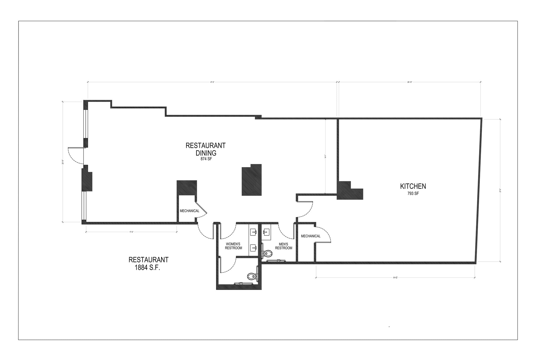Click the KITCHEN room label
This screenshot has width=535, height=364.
[x=413, y=186]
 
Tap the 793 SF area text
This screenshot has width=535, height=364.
[x=413, y=193]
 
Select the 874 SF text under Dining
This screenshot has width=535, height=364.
[x=206, y=159]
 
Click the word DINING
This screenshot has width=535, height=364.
[x=206, y=153]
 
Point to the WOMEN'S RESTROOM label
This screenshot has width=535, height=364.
[x=233, y=246]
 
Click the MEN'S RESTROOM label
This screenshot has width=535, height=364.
[x=283, y=246]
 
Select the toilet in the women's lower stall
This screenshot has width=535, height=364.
[x=251, y=276]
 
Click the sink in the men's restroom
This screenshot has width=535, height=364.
[x=266, y=231]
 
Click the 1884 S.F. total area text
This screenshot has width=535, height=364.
[x=147, y=268]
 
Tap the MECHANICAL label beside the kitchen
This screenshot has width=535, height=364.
[x=311, y=236]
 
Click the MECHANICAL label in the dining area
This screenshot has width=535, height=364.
[x=189, y=211]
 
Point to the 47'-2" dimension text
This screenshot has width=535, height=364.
[x=212, y=82]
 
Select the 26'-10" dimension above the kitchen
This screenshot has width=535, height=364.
[x=409, y=82]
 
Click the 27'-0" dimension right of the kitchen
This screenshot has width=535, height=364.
[x=500, y=191]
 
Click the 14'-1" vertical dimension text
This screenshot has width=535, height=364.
[x=325, y=157]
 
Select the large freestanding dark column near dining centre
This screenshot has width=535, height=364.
[x=252, y=180]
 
